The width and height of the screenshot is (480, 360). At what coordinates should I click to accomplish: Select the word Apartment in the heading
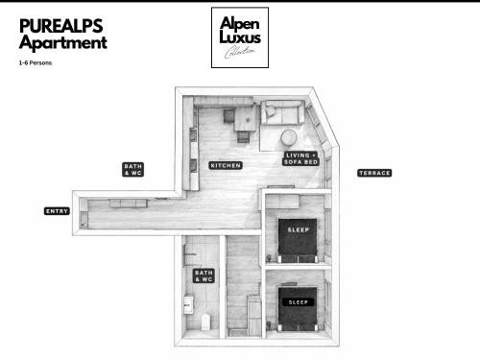click(x=63, y=42)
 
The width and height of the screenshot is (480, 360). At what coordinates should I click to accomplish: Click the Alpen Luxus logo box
click(x=241, y=38)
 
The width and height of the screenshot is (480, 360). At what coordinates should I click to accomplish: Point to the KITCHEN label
click(x=226, y=165)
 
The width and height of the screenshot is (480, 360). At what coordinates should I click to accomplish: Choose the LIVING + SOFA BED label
click(x=300, y=158)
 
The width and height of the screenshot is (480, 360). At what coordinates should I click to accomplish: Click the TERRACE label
click(x=374, y=173)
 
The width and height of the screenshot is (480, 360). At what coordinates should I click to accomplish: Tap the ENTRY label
click(x=57, y=211)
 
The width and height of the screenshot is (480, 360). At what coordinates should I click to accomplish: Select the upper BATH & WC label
click(x=133, y=169)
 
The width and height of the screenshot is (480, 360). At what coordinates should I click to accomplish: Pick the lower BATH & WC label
click(x=204, y=276)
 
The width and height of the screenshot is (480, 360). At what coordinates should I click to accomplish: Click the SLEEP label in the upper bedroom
click(x=298, y=229)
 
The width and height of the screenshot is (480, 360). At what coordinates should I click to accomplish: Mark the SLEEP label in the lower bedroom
click(x=299, y=301)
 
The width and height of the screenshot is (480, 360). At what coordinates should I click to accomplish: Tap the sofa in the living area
click(x=283, y=114)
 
